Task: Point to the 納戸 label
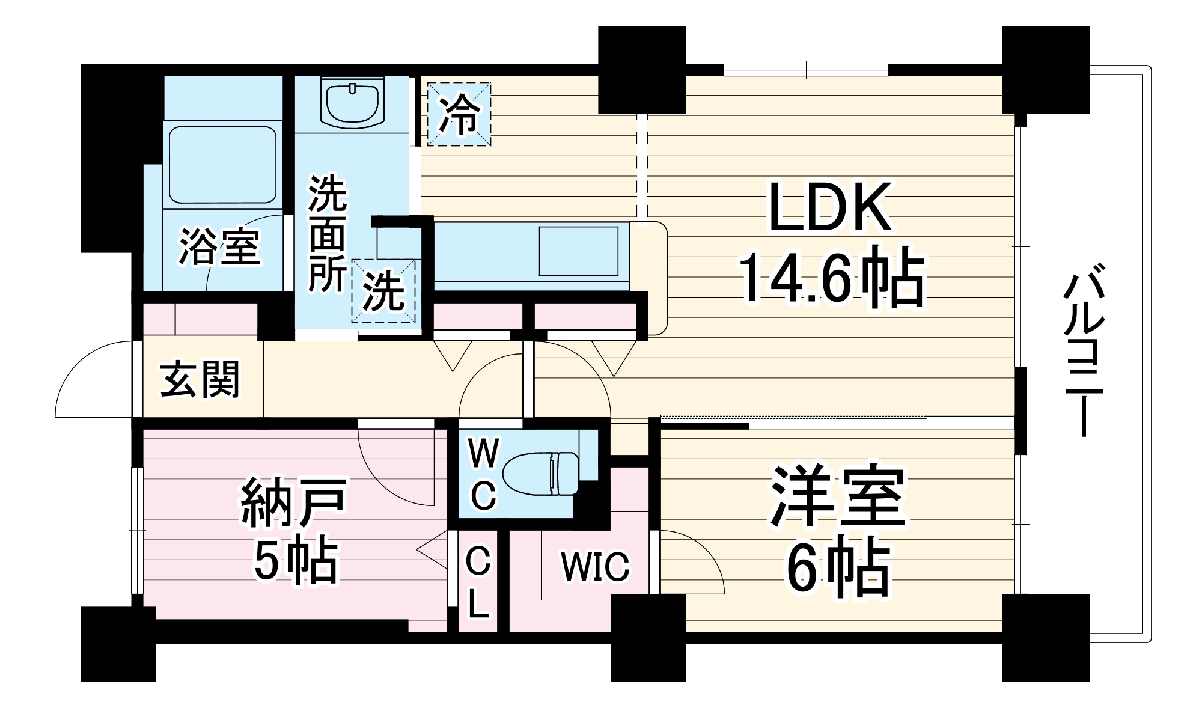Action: (294, 502)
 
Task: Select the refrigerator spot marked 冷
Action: (459, 114)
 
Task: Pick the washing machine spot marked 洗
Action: (384, 291)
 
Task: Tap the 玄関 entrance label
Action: (200, 379)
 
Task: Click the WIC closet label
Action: (595, 566)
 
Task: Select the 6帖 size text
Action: (838, 568)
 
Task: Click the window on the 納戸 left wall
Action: (138, 530)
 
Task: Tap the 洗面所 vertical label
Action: (328, 234)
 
